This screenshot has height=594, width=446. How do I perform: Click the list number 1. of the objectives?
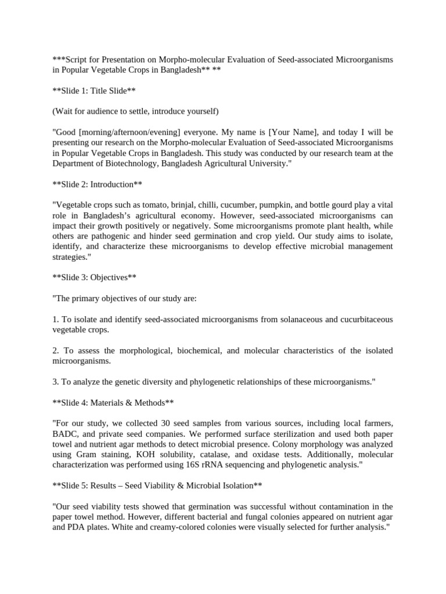(56, 320)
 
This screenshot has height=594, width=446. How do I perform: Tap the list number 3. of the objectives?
(56, 382)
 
